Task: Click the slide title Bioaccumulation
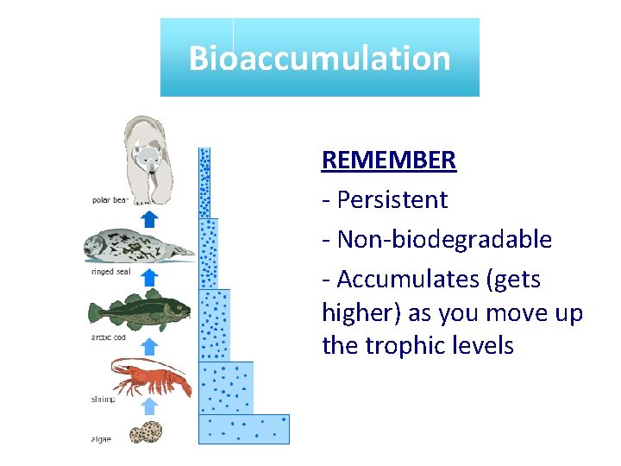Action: [x=319, y=59]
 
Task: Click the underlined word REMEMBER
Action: [x=388, y=161]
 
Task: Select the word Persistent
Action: [x=392, y=200]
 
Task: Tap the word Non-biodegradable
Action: [x=444, y=240]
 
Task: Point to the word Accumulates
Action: [x=406, y=280]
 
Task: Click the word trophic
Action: [x=409, y=346]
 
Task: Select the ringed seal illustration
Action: [x=138, y=248]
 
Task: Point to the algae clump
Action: [x=147, y=431]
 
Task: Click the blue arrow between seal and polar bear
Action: [x=149, y=217]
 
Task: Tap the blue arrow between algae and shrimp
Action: [x=149, y=406]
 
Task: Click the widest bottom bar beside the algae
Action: [x=244, y=429]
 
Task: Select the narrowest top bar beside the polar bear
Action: [x=204, y=182]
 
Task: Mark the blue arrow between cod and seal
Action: [x=149, y=278]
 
